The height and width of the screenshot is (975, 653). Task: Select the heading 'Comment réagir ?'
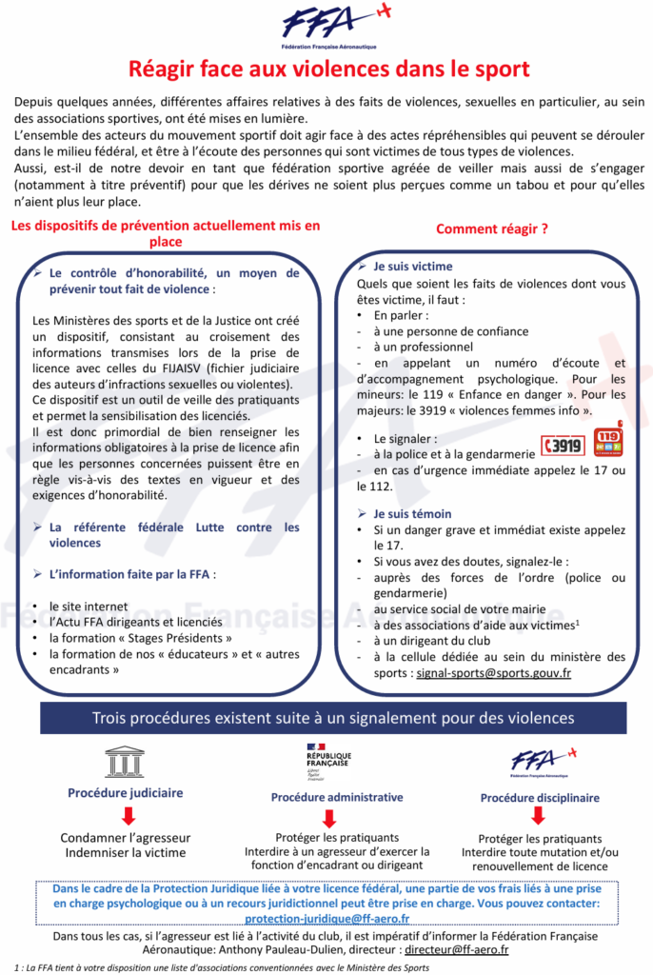[x=491, y=229]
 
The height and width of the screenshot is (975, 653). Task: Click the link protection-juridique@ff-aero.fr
[x=326, y=918]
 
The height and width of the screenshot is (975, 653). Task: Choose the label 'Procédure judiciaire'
[x=125, y=792]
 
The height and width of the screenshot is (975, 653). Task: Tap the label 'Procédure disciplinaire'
[x=540, y=798]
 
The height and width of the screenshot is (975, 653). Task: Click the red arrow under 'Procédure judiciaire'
[x=128, y=815]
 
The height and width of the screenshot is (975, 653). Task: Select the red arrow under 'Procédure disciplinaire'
[x=537, y=816]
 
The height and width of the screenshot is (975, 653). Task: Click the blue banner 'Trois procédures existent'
[x=327, y=717]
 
